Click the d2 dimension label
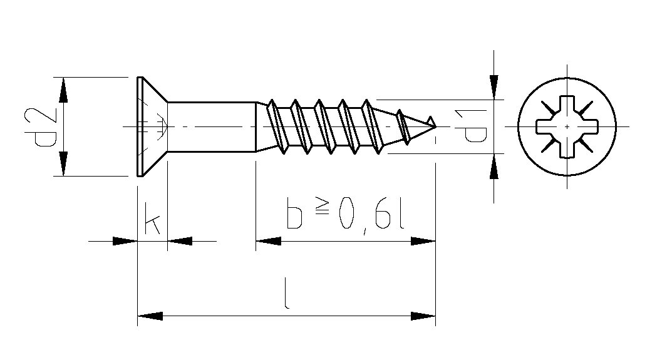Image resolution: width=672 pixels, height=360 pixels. [x=41, y=127]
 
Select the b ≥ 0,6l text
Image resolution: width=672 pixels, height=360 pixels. [x=346, y=213]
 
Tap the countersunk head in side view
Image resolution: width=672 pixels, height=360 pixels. [x=152, y=126]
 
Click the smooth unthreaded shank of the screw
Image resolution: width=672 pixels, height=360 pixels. [x=212, y=127]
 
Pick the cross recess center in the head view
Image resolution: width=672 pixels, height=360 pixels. [x=567, y=127]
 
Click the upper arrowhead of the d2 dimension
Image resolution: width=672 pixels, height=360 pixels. [x=63, y=90]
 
